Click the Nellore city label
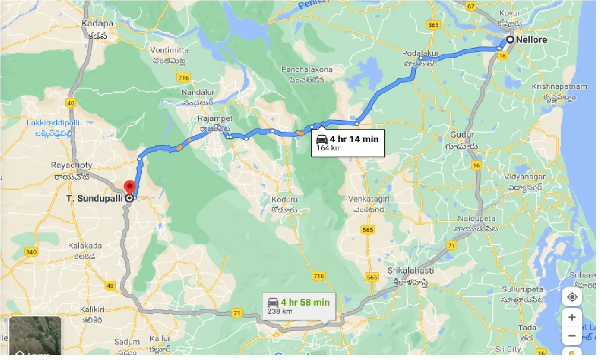tap(532, 40)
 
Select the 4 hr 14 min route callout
tap(348, 143)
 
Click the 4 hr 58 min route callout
tap(299, 306)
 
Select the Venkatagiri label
tap(369, 199)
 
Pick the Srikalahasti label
tap(411, 271)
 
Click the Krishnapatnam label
tap(559, 87)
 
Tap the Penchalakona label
tap(307, 70)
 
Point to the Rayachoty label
tap(72, 165)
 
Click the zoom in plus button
tap(572, 317)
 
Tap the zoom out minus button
tap(572, 336)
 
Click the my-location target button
tap(572, 297)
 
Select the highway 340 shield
tap(31, 252)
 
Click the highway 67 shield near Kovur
tap(471, 6)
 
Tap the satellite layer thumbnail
tap(36, 335)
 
